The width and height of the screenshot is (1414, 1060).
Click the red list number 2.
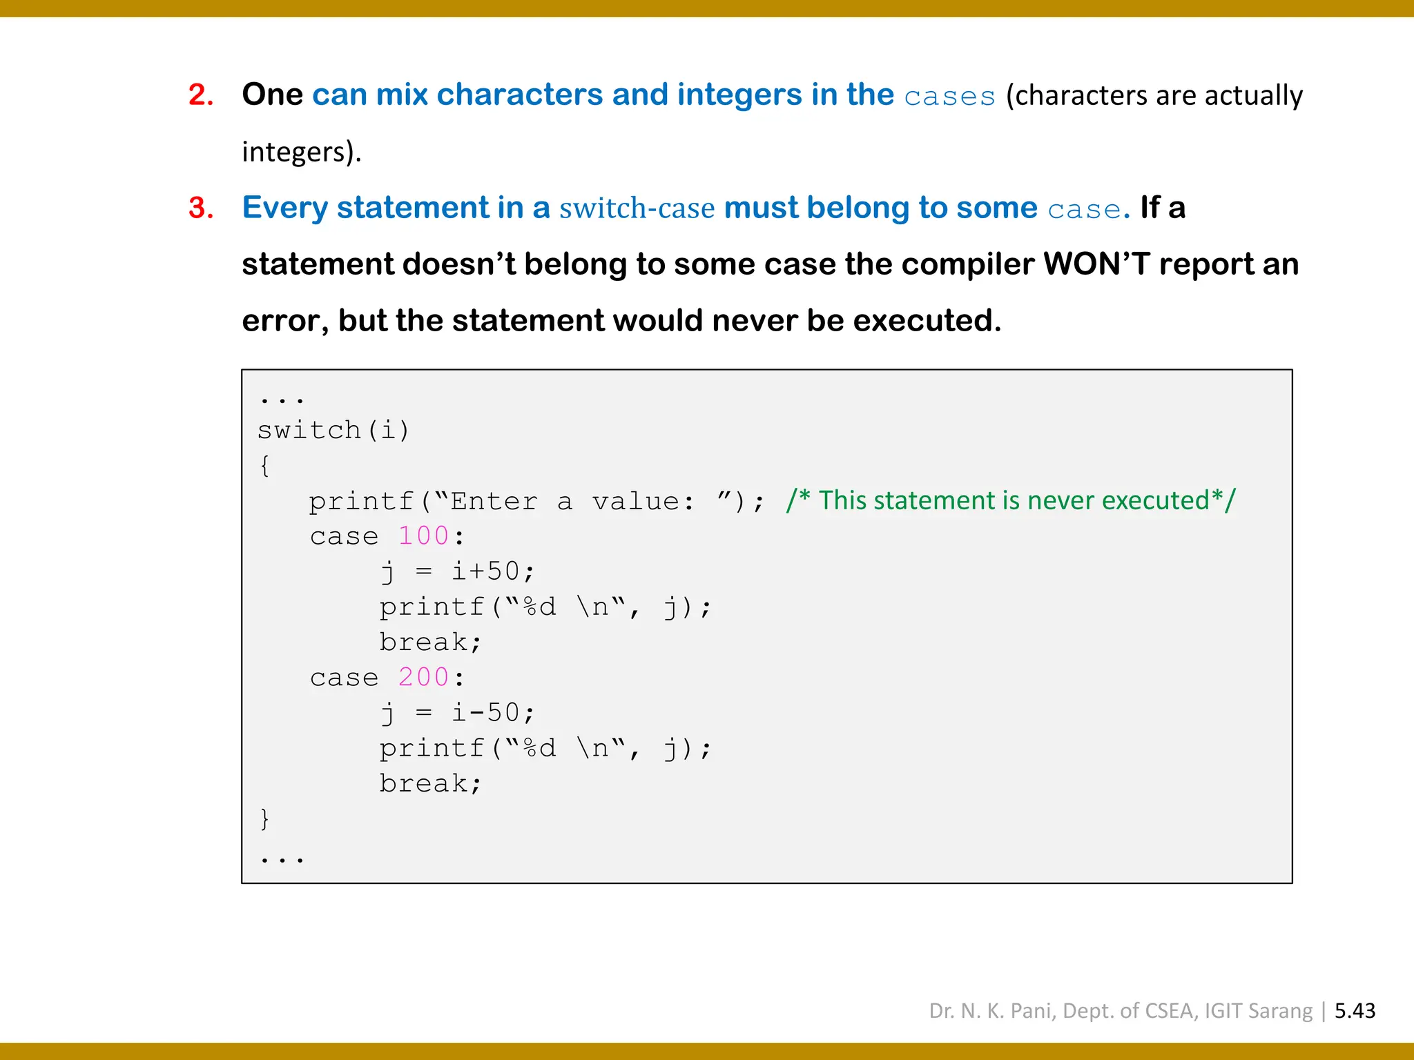(x=200, y=95)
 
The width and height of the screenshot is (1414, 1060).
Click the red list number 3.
(x=200, y=208)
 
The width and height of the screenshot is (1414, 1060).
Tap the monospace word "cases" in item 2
(x=949, y=97)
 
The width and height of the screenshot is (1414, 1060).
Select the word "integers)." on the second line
(x=301, y=152)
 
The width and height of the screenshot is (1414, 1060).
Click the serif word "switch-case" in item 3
(x=637, y=208)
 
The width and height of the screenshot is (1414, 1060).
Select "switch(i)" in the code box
(x=333, y=430)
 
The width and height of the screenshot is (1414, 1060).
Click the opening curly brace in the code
(x=264, y=466)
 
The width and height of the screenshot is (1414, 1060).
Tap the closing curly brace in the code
(x=264, y=819)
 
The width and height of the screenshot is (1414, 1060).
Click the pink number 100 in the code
(x=423, y=536)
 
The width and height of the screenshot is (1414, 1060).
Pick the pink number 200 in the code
(x=423, y=678)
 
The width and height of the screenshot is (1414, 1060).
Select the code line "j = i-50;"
(x=458, y=713)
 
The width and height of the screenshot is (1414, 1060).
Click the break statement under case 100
(x=430, y=642)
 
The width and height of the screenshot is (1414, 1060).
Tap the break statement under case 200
(x=430, y=784)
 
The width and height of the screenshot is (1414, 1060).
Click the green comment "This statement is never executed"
(x=1011, y=500)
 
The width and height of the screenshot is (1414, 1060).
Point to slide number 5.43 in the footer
(x=1355, y=1011)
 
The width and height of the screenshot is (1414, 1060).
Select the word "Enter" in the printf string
(x=494, y=502)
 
